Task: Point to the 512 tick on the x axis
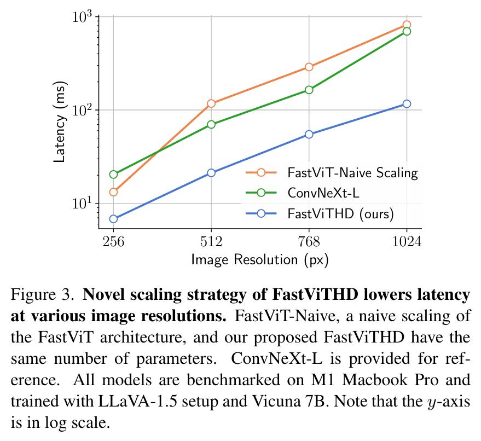[211, 241]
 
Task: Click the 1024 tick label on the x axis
[407, 241]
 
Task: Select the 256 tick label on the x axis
[113, 241]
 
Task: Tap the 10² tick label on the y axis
[82, 109]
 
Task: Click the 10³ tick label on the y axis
[82, 16]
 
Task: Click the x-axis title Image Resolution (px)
[259, 259]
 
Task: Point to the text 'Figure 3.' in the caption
[43, 296]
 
